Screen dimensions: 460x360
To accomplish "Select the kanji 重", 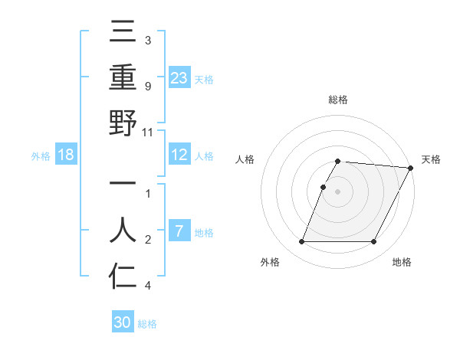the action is point(123,80).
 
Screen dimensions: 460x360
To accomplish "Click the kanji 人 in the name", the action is point(123,230).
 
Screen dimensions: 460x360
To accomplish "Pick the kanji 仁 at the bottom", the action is point(123,276).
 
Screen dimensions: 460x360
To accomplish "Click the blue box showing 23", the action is point(179,78).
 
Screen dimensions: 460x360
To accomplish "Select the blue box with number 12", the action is point(179,155).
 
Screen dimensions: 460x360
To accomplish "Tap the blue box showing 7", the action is point(179,232).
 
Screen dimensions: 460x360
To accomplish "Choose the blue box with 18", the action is point(66,155).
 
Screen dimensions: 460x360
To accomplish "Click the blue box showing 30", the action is point(123,323).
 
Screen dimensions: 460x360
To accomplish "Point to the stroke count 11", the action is point(149,132).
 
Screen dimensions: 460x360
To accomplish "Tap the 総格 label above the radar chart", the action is point(338,100).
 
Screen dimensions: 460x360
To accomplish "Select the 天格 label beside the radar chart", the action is point(431,159).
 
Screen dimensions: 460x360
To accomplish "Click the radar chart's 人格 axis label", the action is point(245,159).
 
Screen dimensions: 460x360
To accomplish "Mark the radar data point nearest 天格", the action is point(410,168).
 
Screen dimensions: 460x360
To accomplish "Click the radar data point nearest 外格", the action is point(301,242).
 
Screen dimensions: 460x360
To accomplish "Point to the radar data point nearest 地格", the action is point(374,242).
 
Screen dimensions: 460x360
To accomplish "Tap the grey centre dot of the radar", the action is point(338,191).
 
